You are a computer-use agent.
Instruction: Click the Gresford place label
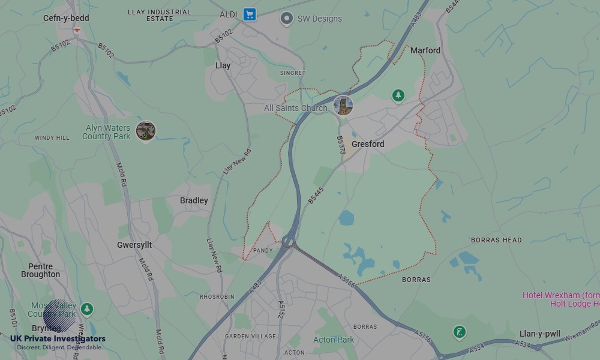click(x=368, y=144)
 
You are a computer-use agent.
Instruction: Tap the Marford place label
click(x=425, y=50)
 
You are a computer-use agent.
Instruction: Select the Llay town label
click(x=223, y=65)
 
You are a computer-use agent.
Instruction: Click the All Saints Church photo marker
click(x=343, y=106)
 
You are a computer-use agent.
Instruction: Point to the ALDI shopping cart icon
click(x=250, y=14)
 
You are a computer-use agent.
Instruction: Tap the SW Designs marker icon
click(x=287, y=19)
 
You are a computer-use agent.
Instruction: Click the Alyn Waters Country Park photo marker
click(x=146, y=130)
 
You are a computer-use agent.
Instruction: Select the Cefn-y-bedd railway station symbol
click(x=77, y=29)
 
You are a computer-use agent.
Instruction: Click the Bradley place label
click(x=194, y=200)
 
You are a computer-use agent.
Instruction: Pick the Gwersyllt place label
click(x=134, y=245)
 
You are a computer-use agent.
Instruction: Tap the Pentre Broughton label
click(x=40, y=271)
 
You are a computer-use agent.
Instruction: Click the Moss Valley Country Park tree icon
click(x=88, y=309)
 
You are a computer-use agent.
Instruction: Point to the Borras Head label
click(x=496, y=240)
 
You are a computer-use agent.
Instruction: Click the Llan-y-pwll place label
click(x=540, y=334)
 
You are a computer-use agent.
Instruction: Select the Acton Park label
click(x=334, y=340)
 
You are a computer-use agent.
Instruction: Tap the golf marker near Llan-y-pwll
click(x=460, y=332)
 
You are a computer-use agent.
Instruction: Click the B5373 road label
click(x=341, y=145)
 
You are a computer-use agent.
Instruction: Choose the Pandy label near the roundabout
click(x=263, y=250)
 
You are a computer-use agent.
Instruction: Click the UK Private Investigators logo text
click(x=58, y=339)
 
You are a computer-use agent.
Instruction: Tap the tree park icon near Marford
click(x=398, y=95)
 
